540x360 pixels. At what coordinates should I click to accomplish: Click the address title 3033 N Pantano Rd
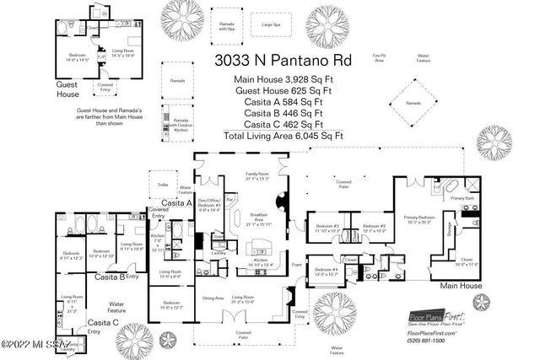[279, 60]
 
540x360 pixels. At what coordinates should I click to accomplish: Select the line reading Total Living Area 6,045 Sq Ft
[279, 135]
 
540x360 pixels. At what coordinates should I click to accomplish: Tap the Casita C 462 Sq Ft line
[279, 123]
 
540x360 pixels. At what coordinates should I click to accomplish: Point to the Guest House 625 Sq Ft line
[279, 90]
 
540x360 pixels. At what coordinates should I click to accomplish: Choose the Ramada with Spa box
[226, 25]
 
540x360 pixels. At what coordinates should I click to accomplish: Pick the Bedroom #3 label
[327, 228]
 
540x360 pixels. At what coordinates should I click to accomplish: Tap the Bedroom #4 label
[327, 271]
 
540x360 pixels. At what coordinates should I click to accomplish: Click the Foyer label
[296, 264]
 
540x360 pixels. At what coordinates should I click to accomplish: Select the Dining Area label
[214, 297]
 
